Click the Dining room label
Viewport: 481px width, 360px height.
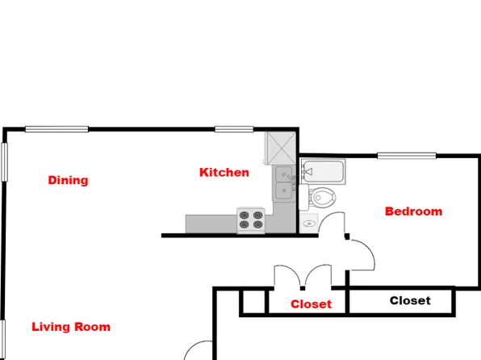point(68,180)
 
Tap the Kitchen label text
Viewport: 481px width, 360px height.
point(224,172)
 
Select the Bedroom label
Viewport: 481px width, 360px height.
point(413,211)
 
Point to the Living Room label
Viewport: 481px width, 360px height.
point(71,327)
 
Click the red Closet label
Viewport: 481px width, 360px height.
point(311,304)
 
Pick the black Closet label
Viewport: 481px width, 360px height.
point(410,301)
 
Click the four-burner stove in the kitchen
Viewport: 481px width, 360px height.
point(251,220)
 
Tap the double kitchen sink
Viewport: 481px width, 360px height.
point(283,183)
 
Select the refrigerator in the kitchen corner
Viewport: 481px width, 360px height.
point(282,147)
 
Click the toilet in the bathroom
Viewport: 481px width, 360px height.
point(323,196)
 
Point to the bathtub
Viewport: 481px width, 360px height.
point(324,171)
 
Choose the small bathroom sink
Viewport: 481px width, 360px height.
point(307,223)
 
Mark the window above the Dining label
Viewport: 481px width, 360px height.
point(56,129)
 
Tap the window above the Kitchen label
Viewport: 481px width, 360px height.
point(235,129)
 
